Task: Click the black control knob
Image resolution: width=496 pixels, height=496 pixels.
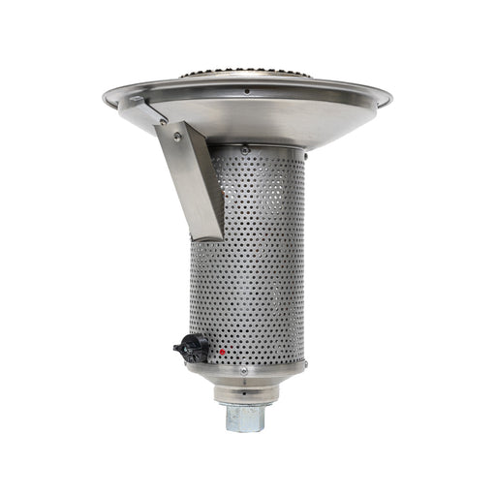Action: click(x=189, y=346)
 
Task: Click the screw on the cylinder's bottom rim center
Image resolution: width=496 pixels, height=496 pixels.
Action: click(x=242, y=370)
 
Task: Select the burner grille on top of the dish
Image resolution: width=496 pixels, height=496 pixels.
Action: click(x=247, y=75)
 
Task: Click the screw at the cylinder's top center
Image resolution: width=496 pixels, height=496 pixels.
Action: click(x=244, y=148)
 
